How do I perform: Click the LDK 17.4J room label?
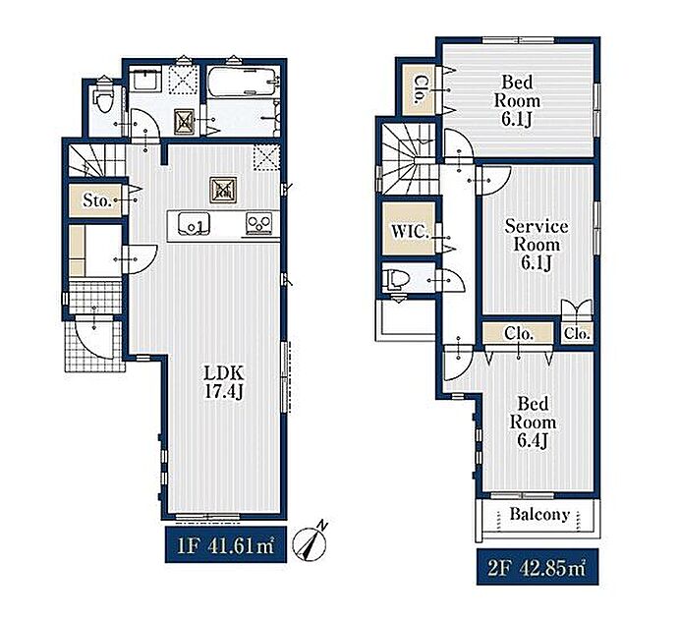pyautogui.click(x=224, y=382)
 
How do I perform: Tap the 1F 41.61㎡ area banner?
pyautogui.click(x=225, y=545)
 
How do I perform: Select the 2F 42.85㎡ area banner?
pyautogui.click(x=538, y=567)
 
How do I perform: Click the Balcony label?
pyautogui.click(x=539, y=515)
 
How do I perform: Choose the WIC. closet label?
pyautogui.click(x=410, y=231)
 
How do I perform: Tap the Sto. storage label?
pyautogui.click(x=97, y=200)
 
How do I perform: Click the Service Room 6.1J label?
pyautogui.click(x=537, y=245)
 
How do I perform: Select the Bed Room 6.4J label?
pyautogui.click(x=533, y=422)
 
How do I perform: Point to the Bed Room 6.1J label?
pyautogui.click(x=517, y=100)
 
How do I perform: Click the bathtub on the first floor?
pyautogui.click(x=243, y=81)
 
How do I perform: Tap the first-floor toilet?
pyautogui.click(x=104, y=99)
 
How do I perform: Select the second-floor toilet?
pyautogui.click(x=395, y=279)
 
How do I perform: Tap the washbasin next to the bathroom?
pyautogui.click(x=146, y=80)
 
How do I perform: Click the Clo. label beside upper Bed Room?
pyautogui.click(x=419, y=89)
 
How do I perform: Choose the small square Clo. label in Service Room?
pyautogui.click(x=577, y=334)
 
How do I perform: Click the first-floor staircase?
pyautogui.click(x=96, y=160)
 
